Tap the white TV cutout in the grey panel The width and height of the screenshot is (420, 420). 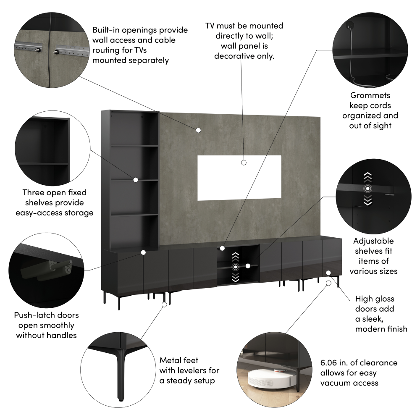pyautogui.click(x=239, y=178)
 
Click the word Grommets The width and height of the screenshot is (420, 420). pyautogui.click(x=370, y=95)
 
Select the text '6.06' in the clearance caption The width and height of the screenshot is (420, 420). pyautogui.click(x=328, y=363)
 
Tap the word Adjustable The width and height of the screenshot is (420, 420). pyautogui.click(x=373, y=241)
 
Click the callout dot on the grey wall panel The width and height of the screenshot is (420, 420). pyautogui.click(x=198, y=130)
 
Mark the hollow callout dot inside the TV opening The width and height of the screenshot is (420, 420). pyautogui.click(x=244, y=163)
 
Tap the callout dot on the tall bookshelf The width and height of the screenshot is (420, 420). pyautogui.click(x=136, y=180)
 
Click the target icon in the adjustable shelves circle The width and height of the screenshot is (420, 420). pyautogui.click(x=367, y=189)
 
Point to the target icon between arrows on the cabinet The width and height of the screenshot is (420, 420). pyautogui.click(x=236, y=267)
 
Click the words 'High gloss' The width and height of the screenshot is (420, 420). pyautogui.click(x=375, y=299)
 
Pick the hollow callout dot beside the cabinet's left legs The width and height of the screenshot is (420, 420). pyautogui.click(x=165, y=304)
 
